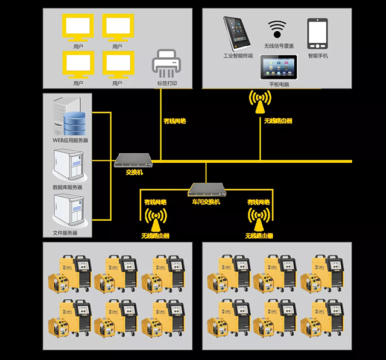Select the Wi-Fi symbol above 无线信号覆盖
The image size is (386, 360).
277,29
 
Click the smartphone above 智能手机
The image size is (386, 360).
317,34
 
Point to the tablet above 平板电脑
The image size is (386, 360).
279,66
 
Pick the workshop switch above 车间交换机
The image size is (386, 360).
206,189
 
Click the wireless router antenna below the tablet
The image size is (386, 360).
260,103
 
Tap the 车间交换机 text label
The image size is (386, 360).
206,201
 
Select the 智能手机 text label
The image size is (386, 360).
318,56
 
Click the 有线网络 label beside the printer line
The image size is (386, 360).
175,121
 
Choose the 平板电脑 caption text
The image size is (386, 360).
279,84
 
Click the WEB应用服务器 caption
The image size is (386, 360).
70,141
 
